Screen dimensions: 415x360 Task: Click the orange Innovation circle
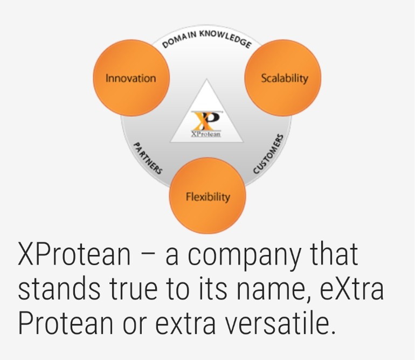pyautogui.click(x=131, y=78)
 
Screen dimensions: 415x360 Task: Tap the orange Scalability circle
pyautogui.click(x=282, y=78)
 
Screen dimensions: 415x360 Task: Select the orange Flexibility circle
pyautogui.click(x=207, y=196)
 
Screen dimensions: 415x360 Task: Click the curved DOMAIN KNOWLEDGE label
pyautogui.click(x=207, y=39)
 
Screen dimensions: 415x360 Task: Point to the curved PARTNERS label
pyautogui.click(x=148, y=158)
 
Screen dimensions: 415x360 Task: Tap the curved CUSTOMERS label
pyautogui.click(x=268, y=154)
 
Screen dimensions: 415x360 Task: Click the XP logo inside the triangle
pyautogui.click(x=207, y=120)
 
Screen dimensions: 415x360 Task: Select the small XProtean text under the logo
pyautogui.click(x=206, y=134)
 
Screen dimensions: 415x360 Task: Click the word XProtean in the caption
pyautogui.click(x=74, y=254)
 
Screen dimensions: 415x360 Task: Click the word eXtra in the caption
pyautogui.click(x=352, y=288)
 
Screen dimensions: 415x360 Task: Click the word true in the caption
pyautogui.click(x=134, y=288)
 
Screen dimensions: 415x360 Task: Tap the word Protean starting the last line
pyautogui.click(x=66, y=323)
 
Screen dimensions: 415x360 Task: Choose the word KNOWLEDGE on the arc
pyautogui.click(x=225, y=38)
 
